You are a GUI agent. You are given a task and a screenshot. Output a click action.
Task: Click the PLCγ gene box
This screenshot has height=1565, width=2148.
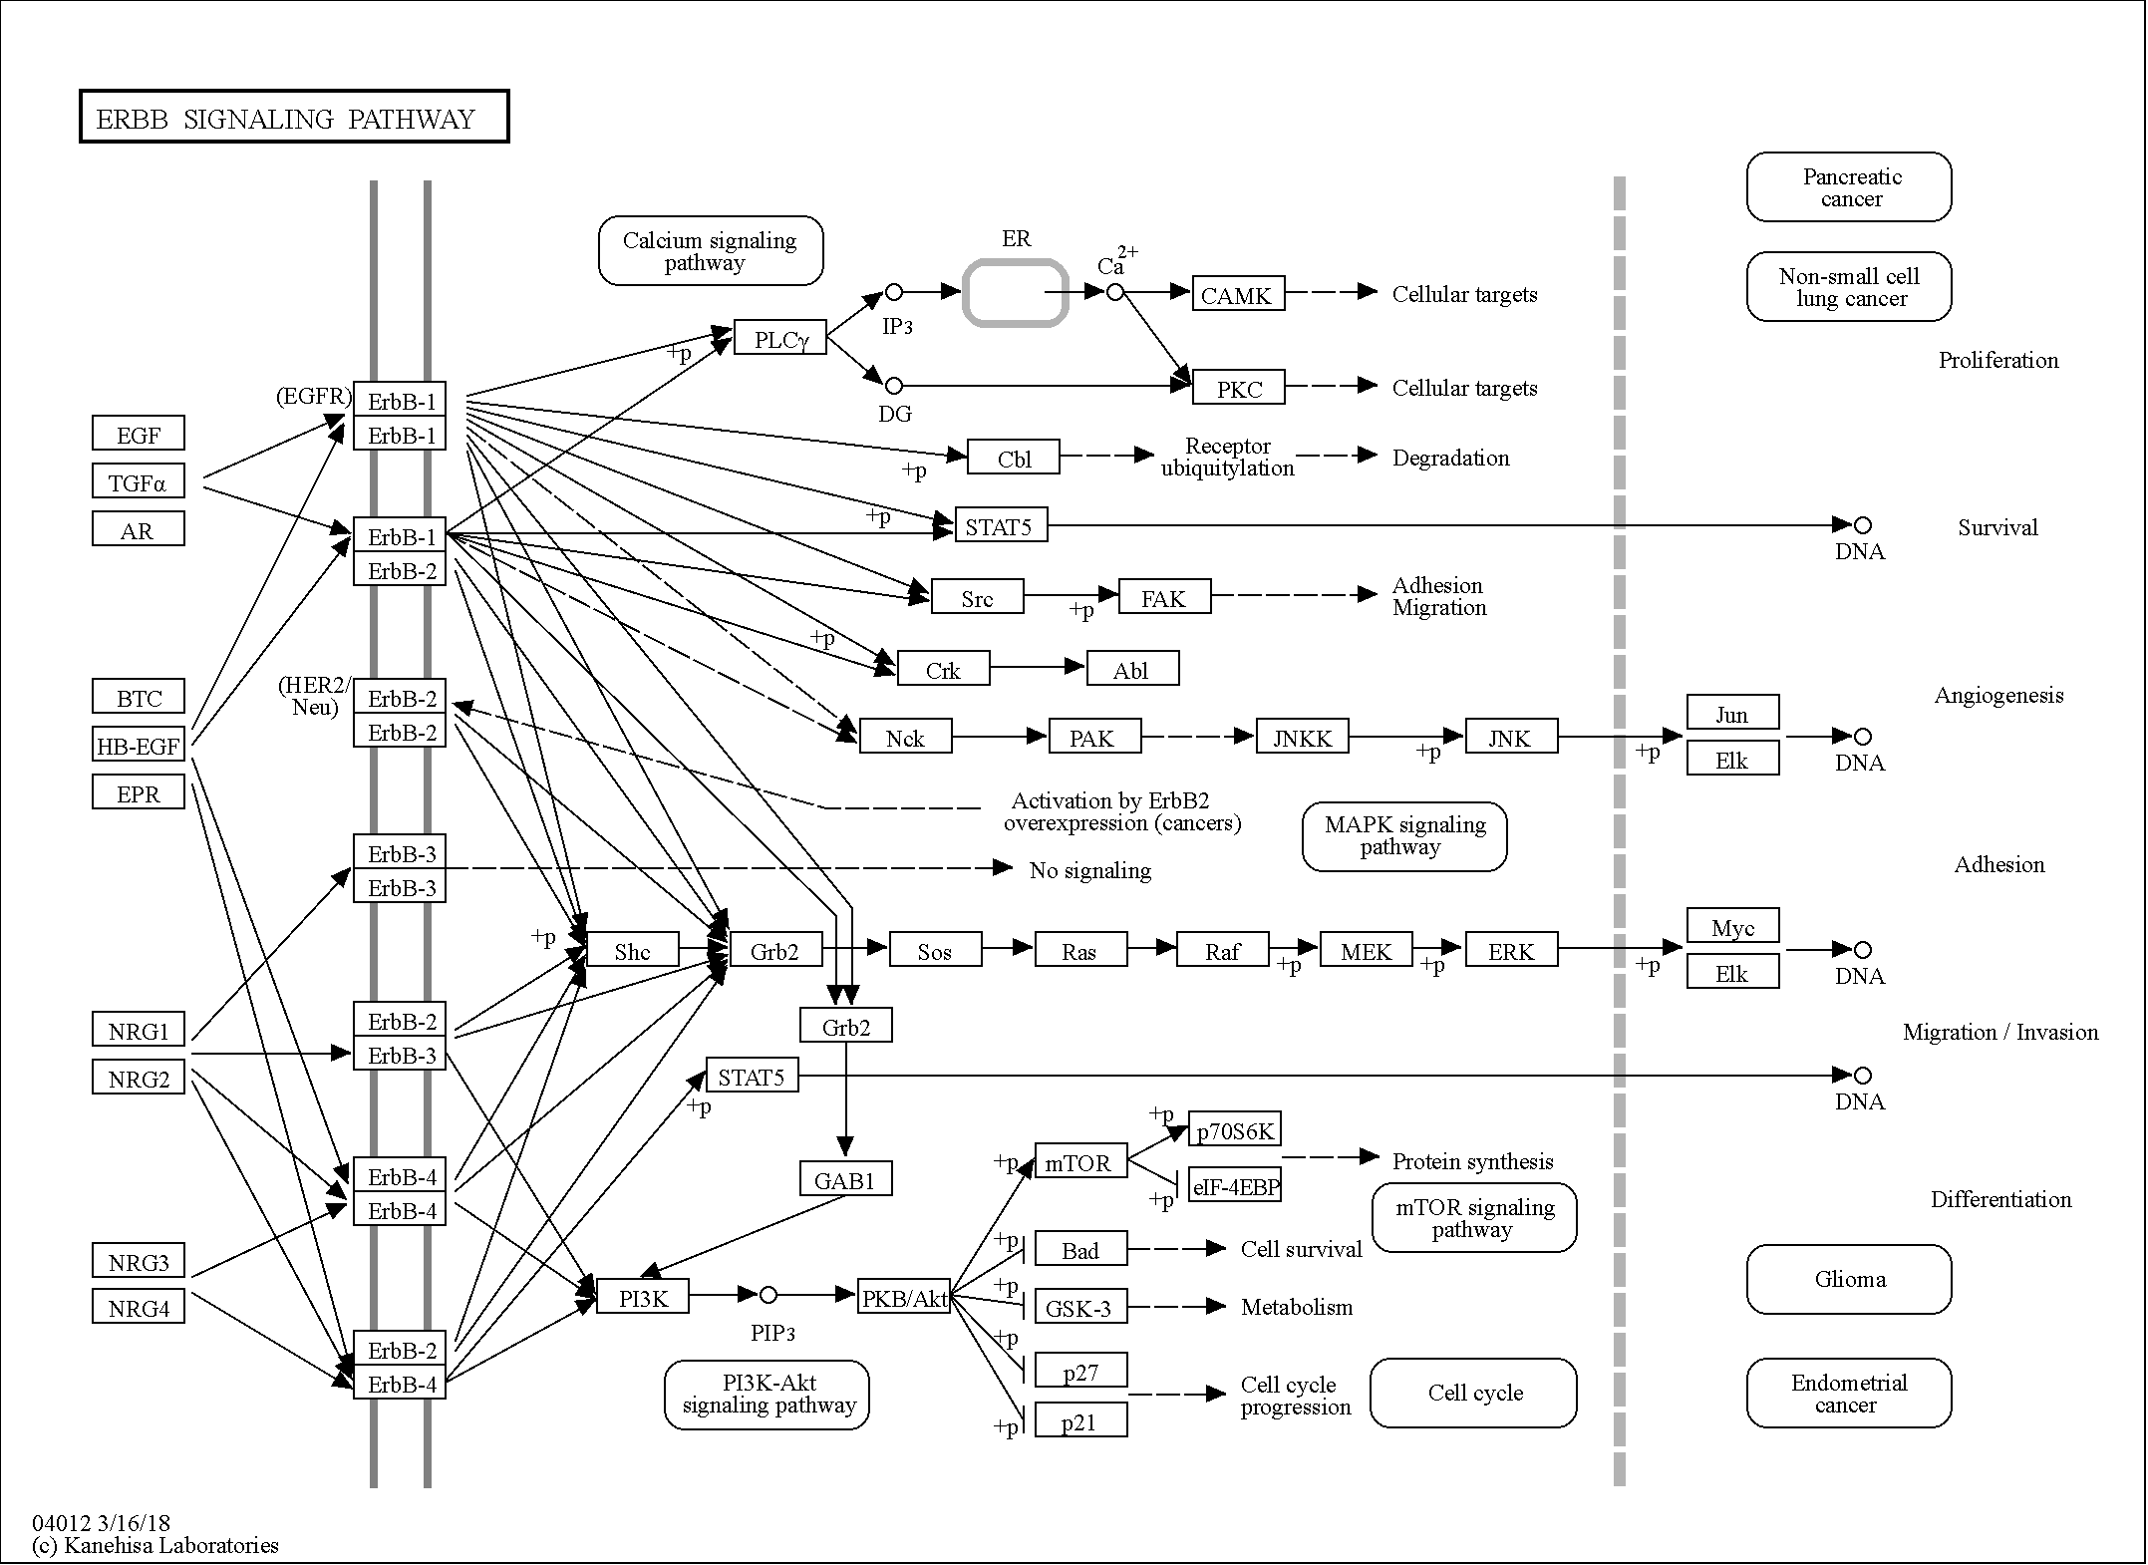tap(780, 338)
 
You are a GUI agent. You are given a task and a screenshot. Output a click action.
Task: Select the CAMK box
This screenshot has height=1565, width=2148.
tap(1239, 294)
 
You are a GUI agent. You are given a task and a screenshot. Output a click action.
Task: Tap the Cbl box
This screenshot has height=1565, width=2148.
tap(1014, 458)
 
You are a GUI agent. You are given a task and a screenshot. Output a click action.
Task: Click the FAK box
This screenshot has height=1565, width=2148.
tap(1165, 597)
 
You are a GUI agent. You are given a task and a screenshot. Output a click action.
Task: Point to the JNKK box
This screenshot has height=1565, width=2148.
tap(1303, 737)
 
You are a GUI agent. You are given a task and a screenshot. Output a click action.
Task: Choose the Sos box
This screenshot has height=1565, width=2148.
tap(936, 950)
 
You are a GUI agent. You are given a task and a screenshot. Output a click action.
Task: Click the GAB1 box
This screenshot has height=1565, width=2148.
tap(846, 1179)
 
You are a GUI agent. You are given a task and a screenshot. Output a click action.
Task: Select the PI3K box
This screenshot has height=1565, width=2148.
tap(643, 1296)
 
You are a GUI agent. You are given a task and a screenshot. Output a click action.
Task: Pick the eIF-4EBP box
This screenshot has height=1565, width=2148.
tap(1235, 1185)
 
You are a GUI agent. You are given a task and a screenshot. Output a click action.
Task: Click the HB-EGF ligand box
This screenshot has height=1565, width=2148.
tap(139, 745)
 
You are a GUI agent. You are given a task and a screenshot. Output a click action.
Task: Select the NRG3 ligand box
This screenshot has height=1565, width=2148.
tap(139, 1261)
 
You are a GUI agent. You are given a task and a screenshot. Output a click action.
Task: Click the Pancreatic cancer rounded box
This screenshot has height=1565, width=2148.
tap(1849, 186)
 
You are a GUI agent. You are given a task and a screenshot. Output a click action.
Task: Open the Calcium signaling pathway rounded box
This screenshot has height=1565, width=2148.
tap(711, 250)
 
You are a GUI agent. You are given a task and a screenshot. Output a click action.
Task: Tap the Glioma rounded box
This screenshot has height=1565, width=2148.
tap(1849, 1279)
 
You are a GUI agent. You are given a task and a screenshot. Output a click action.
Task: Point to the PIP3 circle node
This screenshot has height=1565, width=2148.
tap(768, 1295)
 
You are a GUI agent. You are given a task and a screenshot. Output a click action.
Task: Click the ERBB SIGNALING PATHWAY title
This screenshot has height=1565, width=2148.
tap(286, 120)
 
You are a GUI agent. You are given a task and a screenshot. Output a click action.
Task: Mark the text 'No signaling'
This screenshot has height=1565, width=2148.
tap(1090, 870)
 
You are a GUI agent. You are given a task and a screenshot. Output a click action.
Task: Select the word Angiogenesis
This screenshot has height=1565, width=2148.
tap(1999, 696)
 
